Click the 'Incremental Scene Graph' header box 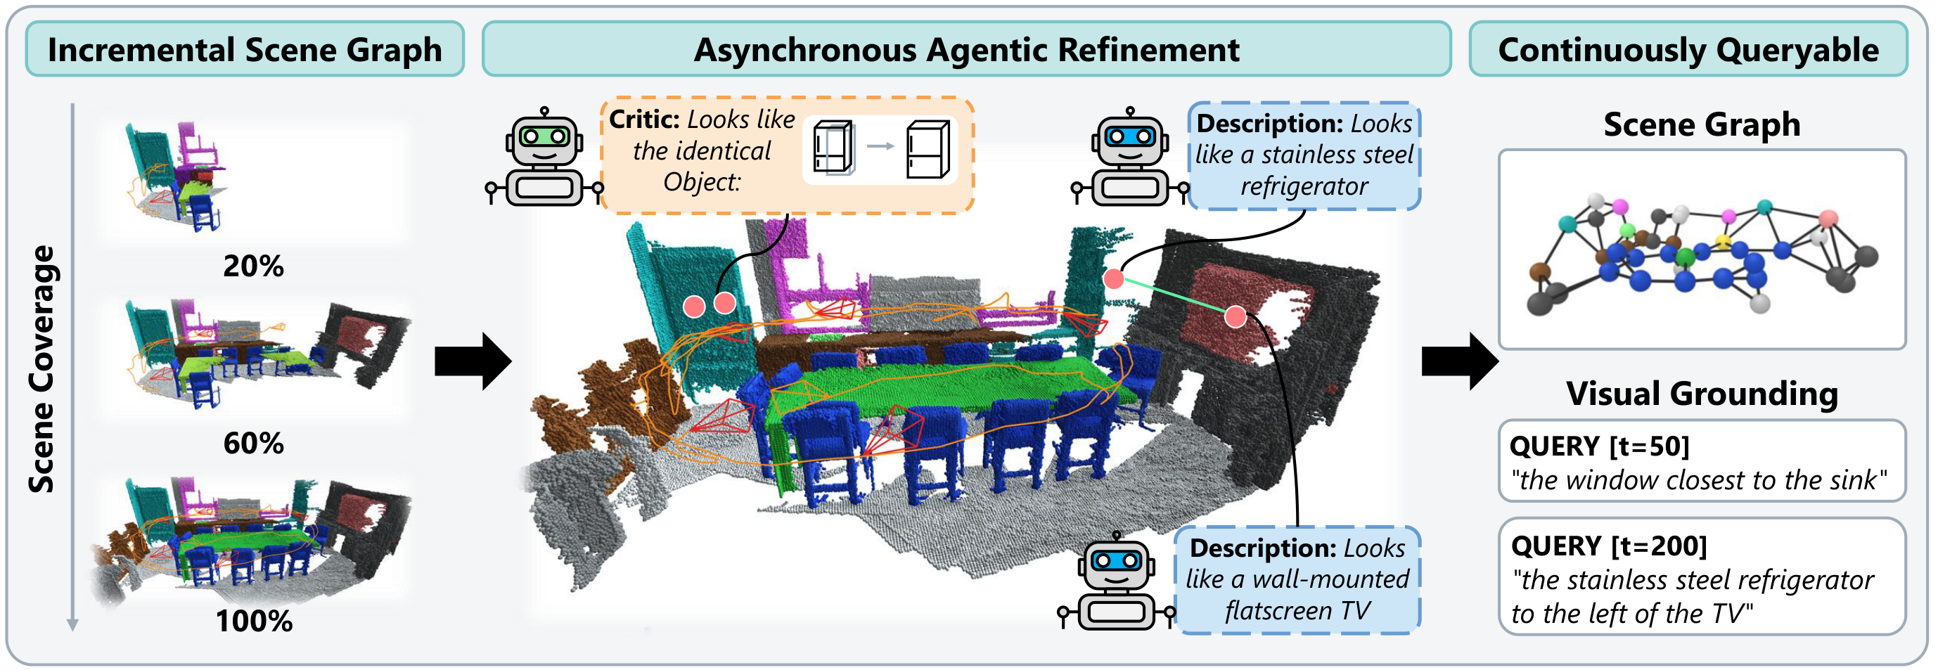tap(245, 49)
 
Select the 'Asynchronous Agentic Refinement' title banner tap(966, 49)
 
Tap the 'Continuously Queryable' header tap(1688, 49)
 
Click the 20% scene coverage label tap(254, 266)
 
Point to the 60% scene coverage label tap(254, 443)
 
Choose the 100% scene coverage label tap(254, 621)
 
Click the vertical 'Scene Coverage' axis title tap(41, 368)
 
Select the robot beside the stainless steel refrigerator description tap(1130, 156)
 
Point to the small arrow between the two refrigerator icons tap(880, 146)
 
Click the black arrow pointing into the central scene tap(473, 361)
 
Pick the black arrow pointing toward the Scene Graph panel tap(1460, 361)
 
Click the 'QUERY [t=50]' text tap(1600, 446)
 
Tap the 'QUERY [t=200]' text tap(1608, 545)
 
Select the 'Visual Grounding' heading tap(1702, 393)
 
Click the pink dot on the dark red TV tap(1236, 316)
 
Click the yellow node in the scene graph tap(1722, 241)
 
